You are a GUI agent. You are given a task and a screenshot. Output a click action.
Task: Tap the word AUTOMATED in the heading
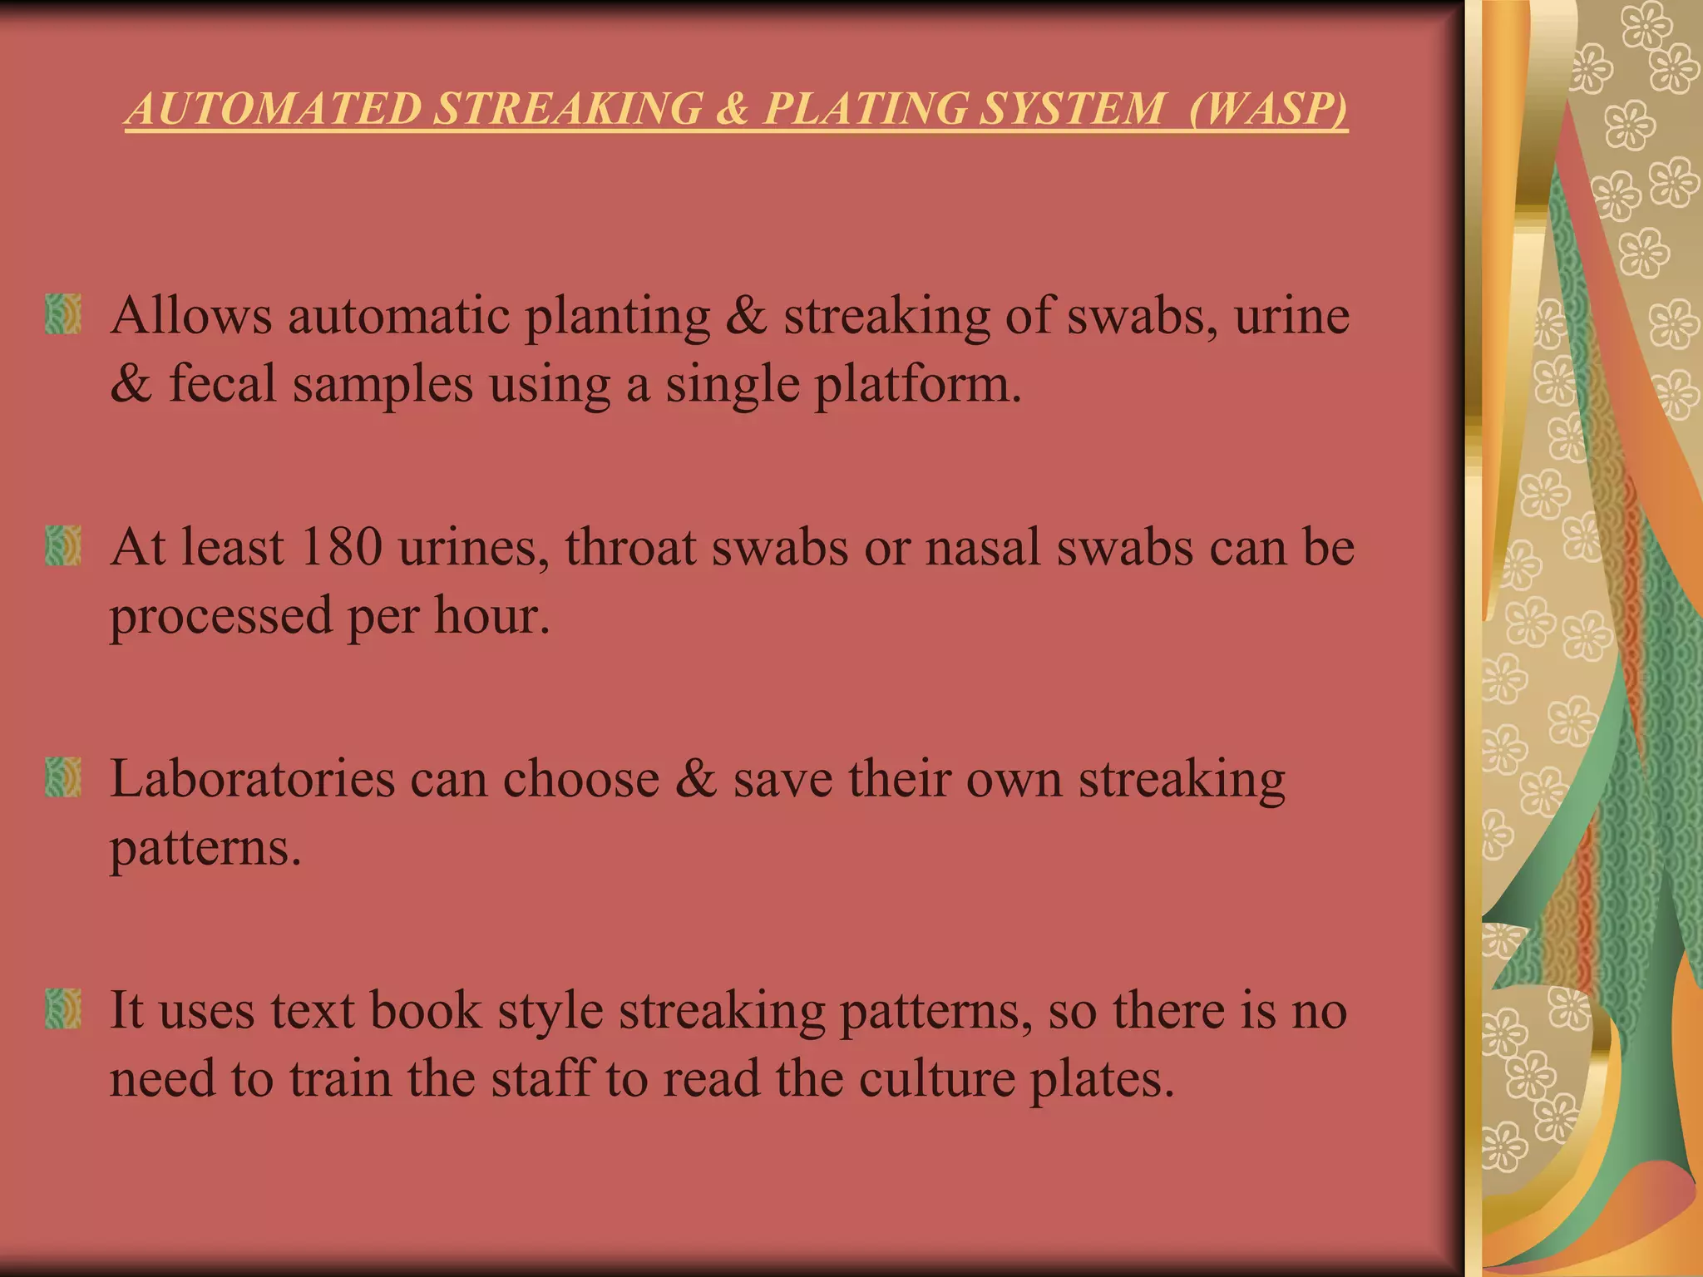point(275,109)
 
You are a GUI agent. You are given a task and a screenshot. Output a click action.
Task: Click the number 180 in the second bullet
point(341,547)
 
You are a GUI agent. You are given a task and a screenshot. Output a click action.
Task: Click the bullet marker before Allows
point(63,313)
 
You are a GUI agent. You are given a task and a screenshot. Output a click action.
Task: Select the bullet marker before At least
point(63,545)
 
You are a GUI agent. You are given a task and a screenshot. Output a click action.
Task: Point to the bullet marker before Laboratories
point(63,777)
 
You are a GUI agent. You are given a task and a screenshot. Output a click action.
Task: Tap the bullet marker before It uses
point(63,1008)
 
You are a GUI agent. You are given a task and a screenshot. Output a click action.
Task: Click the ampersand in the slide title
point(733,109)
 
